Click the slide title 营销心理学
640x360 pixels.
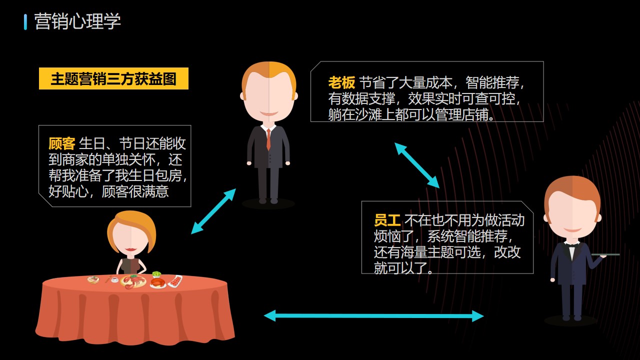(77, 21)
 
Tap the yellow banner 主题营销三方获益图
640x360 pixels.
(113, 78)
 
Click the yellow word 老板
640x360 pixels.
(341, 82)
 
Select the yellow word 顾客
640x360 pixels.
(61, 143)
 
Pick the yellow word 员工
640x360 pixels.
(387, 220)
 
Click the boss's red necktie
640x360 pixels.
(268, 139)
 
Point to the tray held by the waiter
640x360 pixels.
(605, 254)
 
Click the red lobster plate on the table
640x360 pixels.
(133, 281)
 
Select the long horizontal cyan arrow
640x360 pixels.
(373, 316)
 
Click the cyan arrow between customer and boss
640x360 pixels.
(213, 211)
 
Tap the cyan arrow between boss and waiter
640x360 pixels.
(417, 165)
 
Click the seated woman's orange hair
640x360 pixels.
(131, 225)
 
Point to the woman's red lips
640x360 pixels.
(130, 249)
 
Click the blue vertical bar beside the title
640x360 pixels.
(25, 22)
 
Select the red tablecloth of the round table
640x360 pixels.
(135, 310)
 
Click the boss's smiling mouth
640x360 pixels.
(268, 113)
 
